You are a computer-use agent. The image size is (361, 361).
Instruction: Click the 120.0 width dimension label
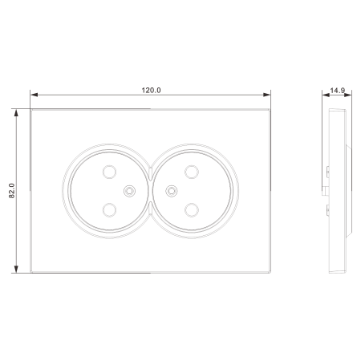(x=151, y=91)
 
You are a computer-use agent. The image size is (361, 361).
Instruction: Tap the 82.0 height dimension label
(x=12, y=191)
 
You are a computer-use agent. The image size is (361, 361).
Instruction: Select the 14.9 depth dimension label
(x=337, y=91)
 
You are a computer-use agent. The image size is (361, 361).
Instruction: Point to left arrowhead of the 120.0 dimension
(x=34, y=95)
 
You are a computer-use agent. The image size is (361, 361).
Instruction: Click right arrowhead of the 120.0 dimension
(x=267, y=95)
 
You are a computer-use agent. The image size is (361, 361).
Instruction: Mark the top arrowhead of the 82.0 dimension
(x=16, y=112)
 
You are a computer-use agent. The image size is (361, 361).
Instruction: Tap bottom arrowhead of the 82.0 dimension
(x=16, y=270)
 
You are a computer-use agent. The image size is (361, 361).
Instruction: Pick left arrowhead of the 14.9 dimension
(x=326, y=95)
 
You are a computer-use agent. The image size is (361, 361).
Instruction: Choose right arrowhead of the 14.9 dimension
(x=348, y=95)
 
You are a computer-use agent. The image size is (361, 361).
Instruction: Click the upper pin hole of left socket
(x=109, y=172)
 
